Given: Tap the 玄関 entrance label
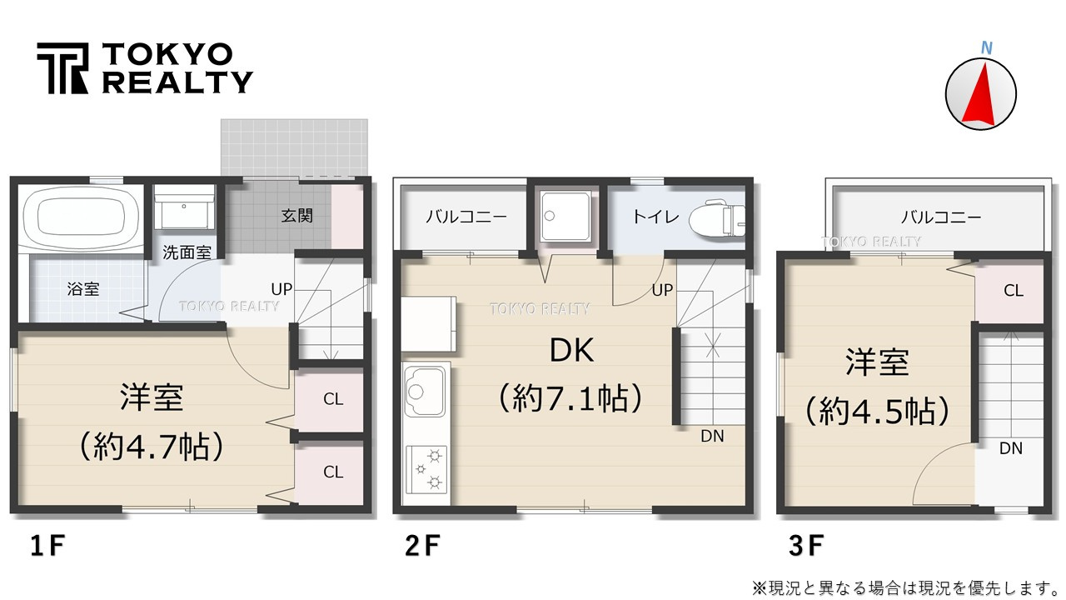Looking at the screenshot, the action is point(296,216).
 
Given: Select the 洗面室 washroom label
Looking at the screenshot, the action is point(187,252).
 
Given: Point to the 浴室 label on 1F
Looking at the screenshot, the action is point(82,288).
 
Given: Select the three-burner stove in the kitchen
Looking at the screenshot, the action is point(426,469).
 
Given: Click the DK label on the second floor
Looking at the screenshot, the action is point(571,351).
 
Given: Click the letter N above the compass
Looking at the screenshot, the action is point(987,48).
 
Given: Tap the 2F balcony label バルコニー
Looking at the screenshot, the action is point(466,217).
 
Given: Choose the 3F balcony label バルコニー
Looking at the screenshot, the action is point(941,217).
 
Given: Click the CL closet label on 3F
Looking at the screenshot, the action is point(1014,291).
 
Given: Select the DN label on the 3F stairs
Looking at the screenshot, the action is point(1011,448).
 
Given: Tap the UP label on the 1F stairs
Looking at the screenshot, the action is point(281,289).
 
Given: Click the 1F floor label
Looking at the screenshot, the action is point(47,546).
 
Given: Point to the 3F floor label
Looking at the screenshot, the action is point(806,546).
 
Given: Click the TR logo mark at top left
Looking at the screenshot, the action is point(62,68).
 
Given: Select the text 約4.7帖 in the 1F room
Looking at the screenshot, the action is point(152,446).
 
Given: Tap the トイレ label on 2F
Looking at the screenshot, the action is point(655,217).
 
